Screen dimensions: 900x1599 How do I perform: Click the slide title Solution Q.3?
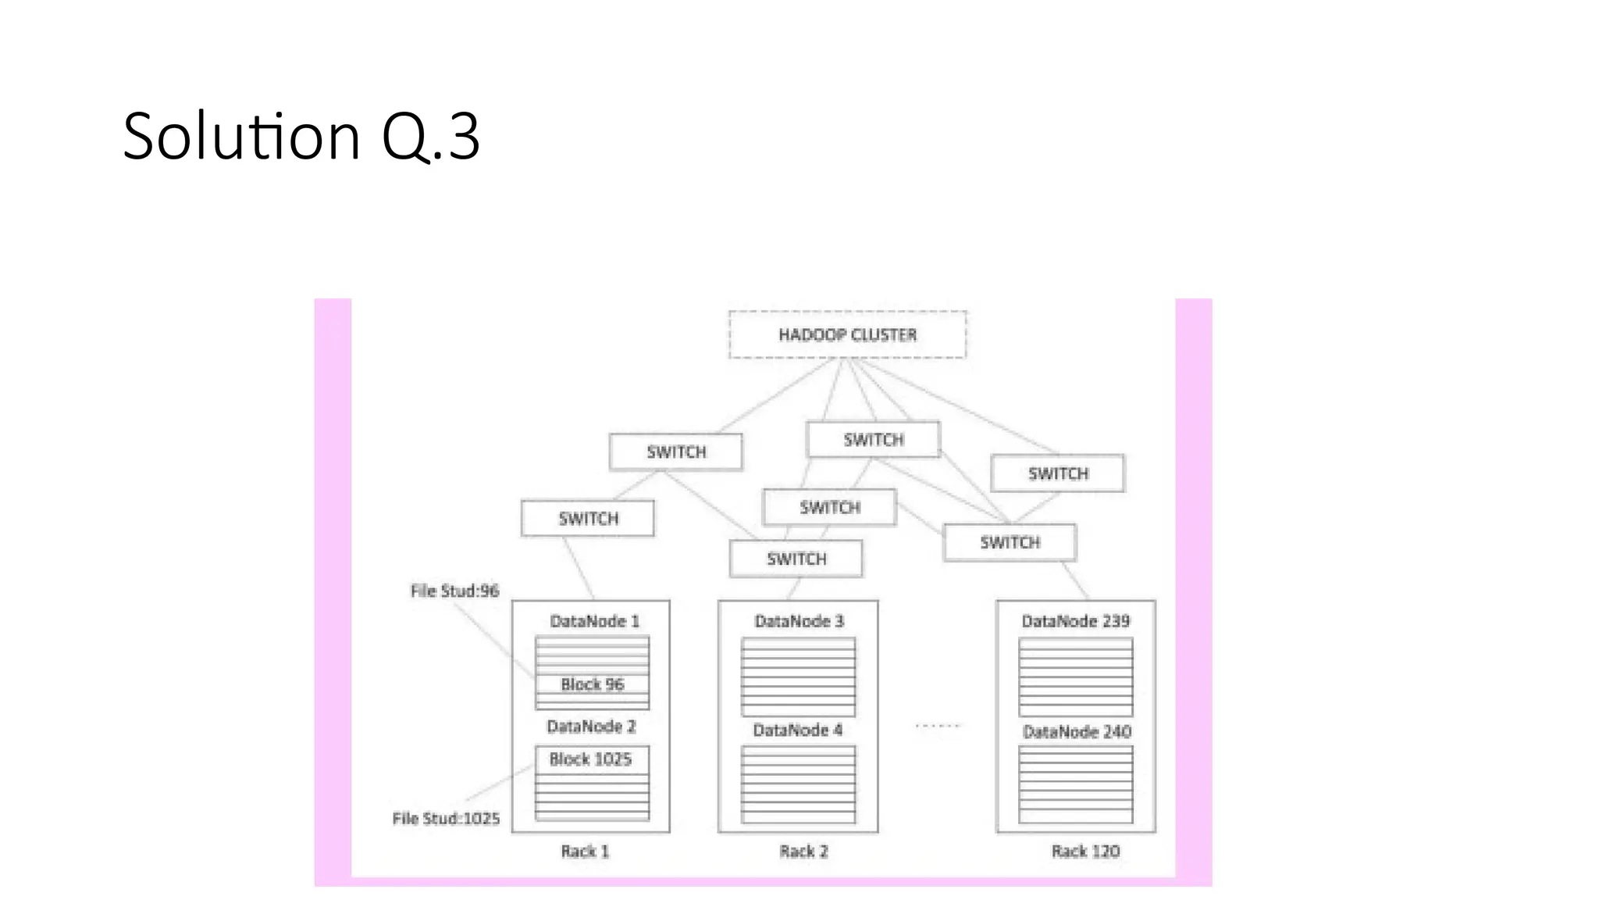click(x=301, y=136)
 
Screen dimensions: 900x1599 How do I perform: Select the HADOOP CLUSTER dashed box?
click(x=847, y=334)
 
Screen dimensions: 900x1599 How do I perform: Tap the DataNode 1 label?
click(x=594, y=621)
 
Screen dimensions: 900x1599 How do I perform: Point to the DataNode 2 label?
click(x=591, y=727)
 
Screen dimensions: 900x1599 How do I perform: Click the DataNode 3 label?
click(x=799, y=621)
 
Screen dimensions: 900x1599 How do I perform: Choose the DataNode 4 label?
click(x=797, y=730)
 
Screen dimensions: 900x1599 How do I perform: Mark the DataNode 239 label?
click(x=1075, y=621)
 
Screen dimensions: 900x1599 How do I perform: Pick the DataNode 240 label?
click(x=1077, y=731)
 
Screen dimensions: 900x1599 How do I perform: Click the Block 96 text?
click(x=593, y=684)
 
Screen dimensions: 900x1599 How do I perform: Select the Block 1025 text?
click(x=590, y=759)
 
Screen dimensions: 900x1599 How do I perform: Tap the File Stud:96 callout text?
click(x=454, y=591)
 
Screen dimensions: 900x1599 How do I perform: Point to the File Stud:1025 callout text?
click(x=446, y=818)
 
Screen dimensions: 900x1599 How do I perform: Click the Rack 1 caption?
click(x=585, y=851)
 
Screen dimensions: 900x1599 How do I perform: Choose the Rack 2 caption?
click(x=803, y=851)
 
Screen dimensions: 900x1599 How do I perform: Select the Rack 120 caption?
click(x=1085, y=851)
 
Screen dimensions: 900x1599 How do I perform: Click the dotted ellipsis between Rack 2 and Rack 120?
click(x=937, y=726)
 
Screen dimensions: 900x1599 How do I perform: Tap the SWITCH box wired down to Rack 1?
click(x=588, y=518)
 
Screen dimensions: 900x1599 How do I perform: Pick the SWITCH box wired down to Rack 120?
click(x=1010, y=542)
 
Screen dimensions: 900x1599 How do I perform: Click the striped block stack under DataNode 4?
click(x=798, y=784)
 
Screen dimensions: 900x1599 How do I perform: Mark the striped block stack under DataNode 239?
click(x=1075, y=677)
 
